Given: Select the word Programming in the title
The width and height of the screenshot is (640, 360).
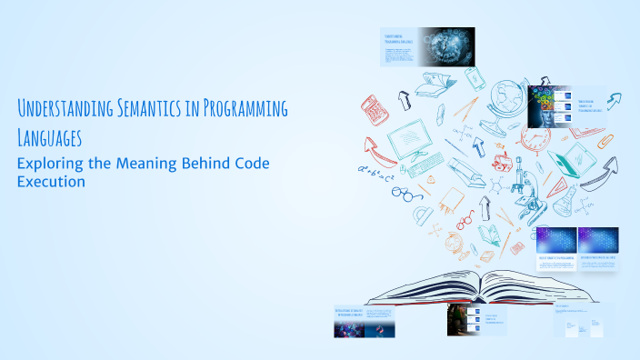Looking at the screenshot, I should coord(250,111).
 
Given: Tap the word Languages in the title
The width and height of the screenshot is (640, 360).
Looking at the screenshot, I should coord(49,139).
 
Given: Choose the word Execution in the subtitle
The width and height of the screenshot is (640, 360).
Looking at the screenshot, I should coord(51,182).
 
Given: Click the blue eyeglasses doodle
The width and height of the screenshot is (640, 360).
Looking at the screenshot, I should coord(406,193).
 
